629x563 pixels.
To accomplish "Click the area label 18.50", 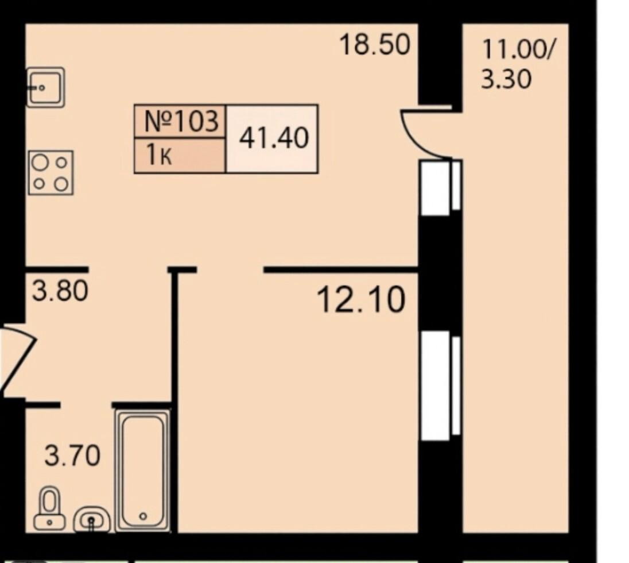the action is pos(375,45).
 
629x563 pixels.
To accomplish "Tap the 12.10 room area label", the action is pos(361,300).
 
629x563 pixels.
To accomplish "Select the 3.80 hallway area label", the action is pos(60,291).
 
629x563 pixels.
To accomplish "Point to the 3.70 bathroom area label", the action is pos(72,456).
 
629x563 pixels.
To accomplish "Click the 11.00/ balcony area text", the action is pos(518,50).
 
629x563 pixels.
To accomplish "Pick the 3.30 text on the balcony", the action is pos(506,79).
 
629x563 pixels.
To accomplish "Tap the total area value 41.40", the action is pos(274,138).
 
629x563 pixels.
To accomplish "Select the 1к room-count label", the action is pos(159,156).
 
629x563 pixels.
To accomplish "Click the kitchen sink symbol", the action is pos(45,87).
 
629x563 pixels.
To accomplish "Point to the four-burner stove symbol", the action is pos(51,173).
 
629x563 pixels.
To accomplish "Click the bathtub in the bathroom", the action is pos(143,471).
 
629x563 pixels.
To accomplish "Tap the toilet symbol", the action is pos(49,508).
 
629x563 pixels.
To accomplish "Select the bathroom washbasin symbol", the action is pos(92,520).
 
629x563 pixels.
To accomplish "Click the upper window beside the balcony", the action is pos(440,187).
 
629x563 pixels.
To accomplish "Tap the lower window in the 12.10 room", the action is pos(440,385).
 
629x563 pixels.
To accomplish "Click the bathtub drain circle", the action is pos(143,516).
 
